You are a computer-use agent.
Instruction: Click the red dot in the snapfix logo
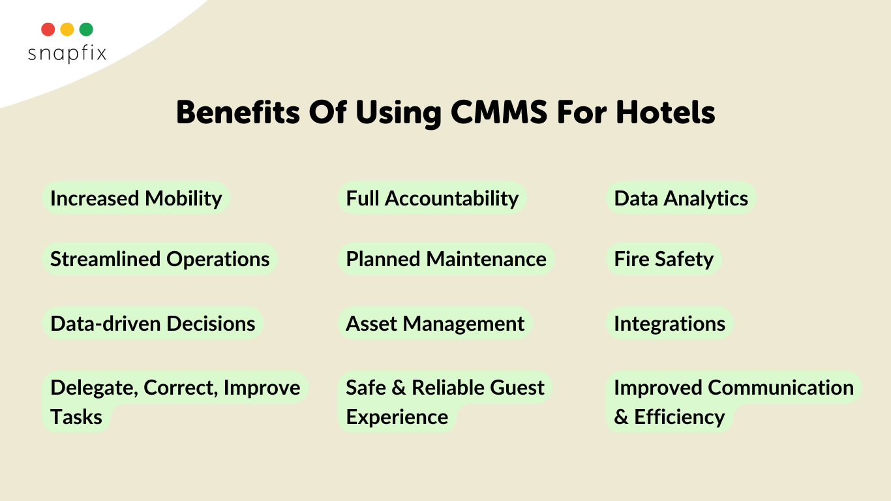coord(48,29)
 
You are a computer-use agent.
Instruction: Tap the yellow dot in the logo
coord(67,29)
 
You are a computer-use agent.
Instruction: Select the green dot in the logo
coord(86,29)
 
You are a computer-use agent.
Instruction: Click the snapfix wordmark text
coord(67,53)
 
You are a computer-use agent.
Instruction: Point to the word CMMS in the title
coord(499,113)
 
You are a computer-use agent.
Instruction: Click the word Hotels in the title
coord(665,113)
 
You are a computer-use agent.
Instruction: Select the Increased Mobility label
coord(136,198)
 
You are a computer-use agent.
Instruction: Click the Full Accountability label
coord(432,198)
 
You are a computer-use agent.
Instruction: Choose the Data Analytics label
coord(681,198)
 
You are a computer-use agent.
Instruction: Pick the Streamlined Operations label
coord(160,259)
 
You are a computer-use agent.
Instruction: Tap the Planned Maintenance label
coord(446,259)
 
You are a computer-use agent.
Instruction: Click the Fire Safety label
coord(664,259)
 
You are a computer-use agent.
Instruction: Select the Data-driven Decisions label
coord(153,323)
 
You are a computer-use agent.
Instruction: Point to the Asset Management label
coord(435,323)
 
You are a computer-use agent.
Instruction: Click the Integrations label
coord(670,323)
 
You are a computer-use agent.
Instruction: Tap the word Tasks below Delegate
coord(76,417)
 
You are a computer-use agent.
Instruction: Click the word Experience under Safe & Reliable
coord(397,417)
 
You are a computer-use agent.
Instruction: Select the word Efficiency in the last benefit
coord(680,417)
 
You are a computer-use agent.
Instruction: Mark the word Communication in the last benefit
coord(781,387)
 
